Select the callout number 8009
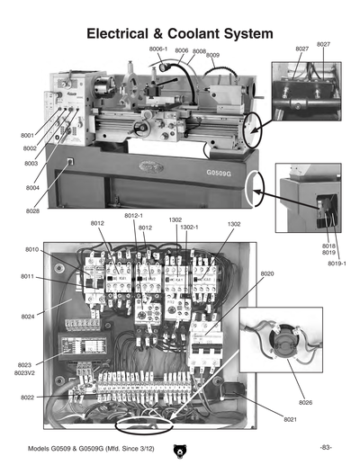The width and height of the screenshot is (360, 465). pos(213,56)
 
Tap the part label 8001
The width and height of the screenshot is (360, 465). pos(28,135)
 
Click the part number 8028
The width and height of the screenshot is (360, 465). pos(32,210)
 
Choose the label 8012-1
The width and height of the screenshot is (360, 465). pos(133,216)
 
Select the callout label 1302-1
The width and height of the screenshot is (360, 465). pos(189,228)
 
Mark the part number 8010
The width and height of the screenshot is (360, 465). pos(31,249)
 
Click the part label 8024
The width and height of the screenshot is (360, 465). pos(27,316)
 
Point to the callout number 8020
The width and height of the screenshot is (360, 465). pos(266,273)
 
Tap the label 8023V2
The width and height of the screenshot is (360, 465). pos(25,371)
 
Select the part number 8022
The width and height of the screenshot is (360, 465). pos(28,397)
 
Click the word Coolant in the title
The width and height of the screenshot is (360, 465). pos(197,32)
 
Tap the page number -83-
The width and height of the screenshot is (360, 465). pos(326,447)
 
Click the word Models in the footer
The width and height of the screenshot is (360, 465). pos(40,447)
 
